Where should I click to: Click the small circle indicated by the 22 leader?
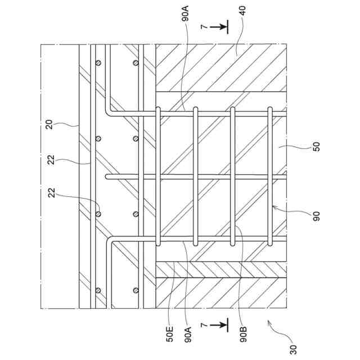tap(98, 214)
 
